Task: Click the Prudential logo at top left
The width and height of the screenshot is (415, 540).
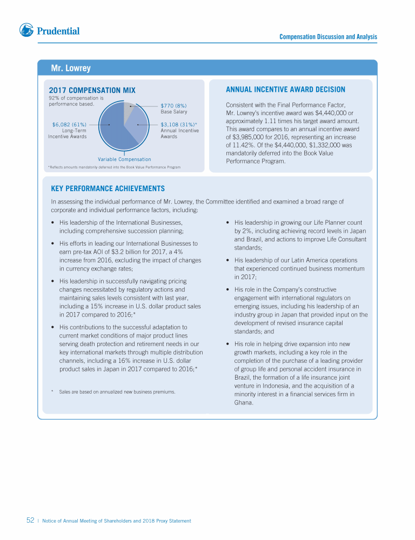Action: tap(49, 31)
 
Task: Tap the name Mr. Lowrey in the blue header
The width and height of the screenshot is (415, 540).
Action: tap(70, 69)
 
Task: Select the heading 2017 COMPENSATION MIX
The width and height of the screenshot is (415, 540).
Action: tap(92, 90)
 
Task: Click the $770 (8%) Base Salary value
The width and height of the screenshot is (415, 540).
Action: tap(173, 106)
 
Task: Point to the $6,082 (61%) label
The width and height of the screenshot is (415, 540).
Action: tap(69, 125)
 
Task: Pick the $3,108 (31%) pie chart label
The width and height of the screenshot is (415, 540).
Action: tap(178, 125)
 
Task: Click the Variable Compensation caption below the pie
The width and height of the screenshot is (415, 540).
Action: tap(124, 159)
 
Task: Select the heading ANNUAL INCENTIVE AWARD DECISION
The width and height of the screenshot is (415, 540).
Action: tap(285, 90)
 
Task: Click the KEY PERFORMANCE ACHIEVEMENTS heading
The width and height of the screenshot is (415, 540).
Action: tap(108, 188)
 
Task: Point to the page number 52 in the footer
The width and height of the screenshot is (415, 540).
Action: tap(30, 521)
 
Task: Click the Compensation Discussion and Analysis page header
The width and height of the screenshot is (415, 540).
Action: tap(328, 37)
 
